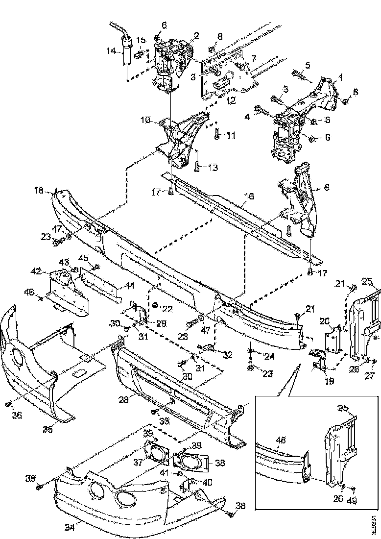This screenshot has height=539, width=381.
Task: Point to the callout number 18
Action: click(39, 190)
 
